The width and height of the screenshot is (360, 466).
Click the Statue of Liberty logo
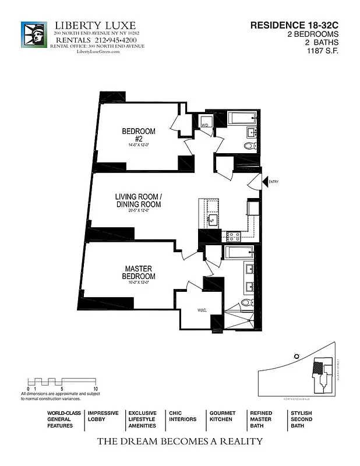(35, 38)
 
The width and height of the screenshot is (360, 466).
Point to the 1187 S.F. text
(323, 51)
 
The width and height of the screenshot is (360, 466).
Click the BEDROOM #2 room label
(139, 135)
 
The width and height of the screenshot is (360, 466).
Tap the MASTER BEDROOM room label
(139, 272)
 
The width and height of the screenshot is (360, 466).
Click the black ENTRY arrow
(264, 182)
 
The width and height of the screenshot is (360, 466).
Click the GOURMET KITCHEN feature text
(222, 416)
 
